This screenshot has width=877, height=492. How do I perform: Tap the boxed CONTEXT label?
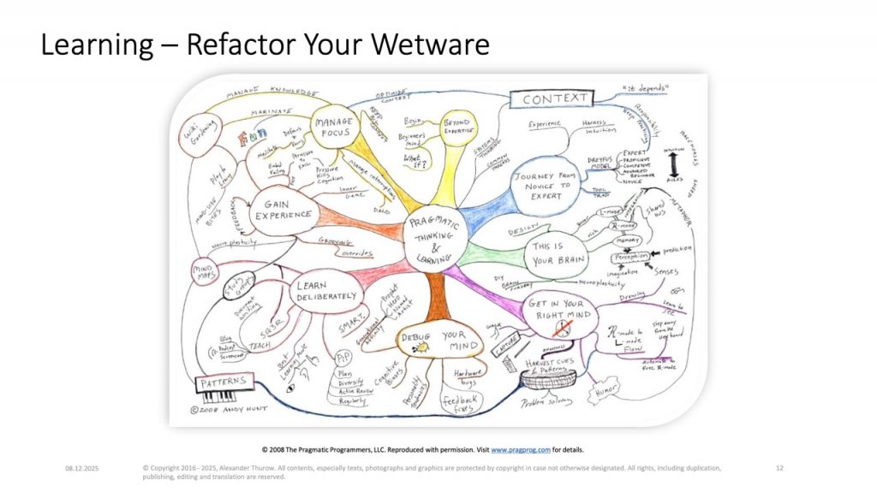556,99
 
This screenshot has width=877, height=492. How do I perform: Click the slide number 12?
779,469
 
